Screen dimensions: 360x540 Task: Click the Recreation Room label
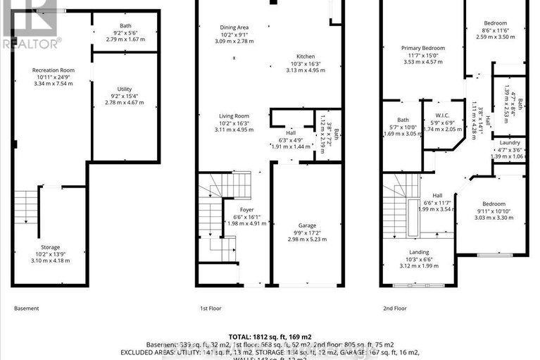tap(53, 70)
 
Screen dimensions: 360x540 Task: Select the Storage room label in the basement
tap(50, 247)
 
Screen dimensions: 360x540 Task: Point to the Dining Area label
tap(234, 27)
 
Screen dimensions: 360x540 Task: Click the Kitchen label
tap(305, 56)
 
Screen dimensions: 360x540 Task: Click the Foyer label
tap(236, 209)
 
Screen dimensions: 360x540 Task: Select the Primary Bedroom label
tap(420, 48)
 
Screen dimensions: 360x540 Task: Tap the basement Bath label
tap(125, 26)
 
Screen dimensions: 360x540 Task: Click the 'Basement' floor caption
tap(27, 309)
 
